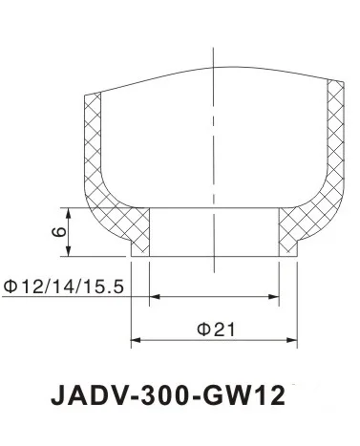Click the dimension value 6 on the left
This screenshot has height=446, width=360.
point(57,231)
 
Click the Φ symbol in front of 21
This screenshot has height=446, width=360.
point(201,328)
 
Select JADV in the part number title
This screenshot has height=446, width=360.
point(84,393)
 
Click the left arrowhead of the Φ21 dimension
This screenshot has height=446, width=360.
point(137,341)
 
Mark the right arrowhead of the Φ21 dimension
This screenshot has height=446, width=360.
point(291,341)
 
